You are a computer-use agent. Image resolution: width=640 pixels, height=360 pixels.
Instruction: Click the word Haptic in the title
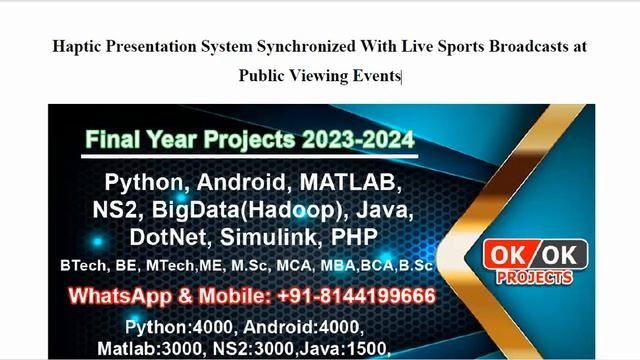coord(76,46)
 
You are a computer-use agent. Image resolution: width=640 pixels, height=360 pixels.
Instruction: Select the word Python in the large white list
coord(146,184)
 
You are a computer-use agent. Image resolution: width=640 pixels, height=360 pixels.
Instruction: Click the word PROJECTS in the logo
coord(535,277)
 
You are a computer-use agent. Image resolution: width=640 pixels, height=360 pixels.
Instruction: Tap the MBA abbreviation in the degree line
coord(341,266)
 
